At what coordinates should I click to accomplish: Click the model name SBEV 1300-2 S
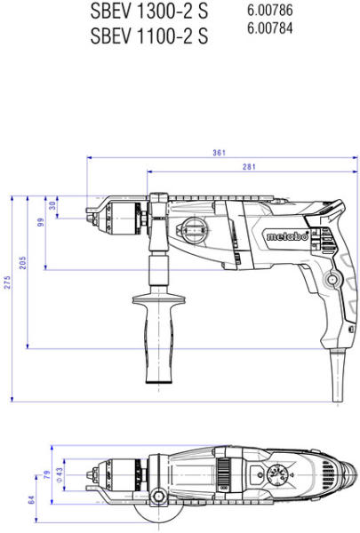149,12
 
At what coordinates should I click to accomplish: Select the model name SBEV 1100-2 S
149,36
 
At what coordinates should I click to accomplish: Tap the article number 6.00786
270,10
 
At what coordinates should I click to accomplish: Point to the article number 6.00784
270,28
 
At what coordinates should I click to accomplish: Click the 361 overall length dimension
220,153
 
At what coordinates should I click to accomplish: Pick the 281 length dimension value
249,167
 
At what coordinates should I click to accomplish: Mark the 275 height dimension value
7,282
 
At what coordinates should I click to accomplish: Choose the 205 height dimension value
22,263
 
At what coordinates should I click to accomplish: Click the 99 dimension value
41,222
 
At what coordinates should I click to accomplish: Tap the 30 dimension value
52,205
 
